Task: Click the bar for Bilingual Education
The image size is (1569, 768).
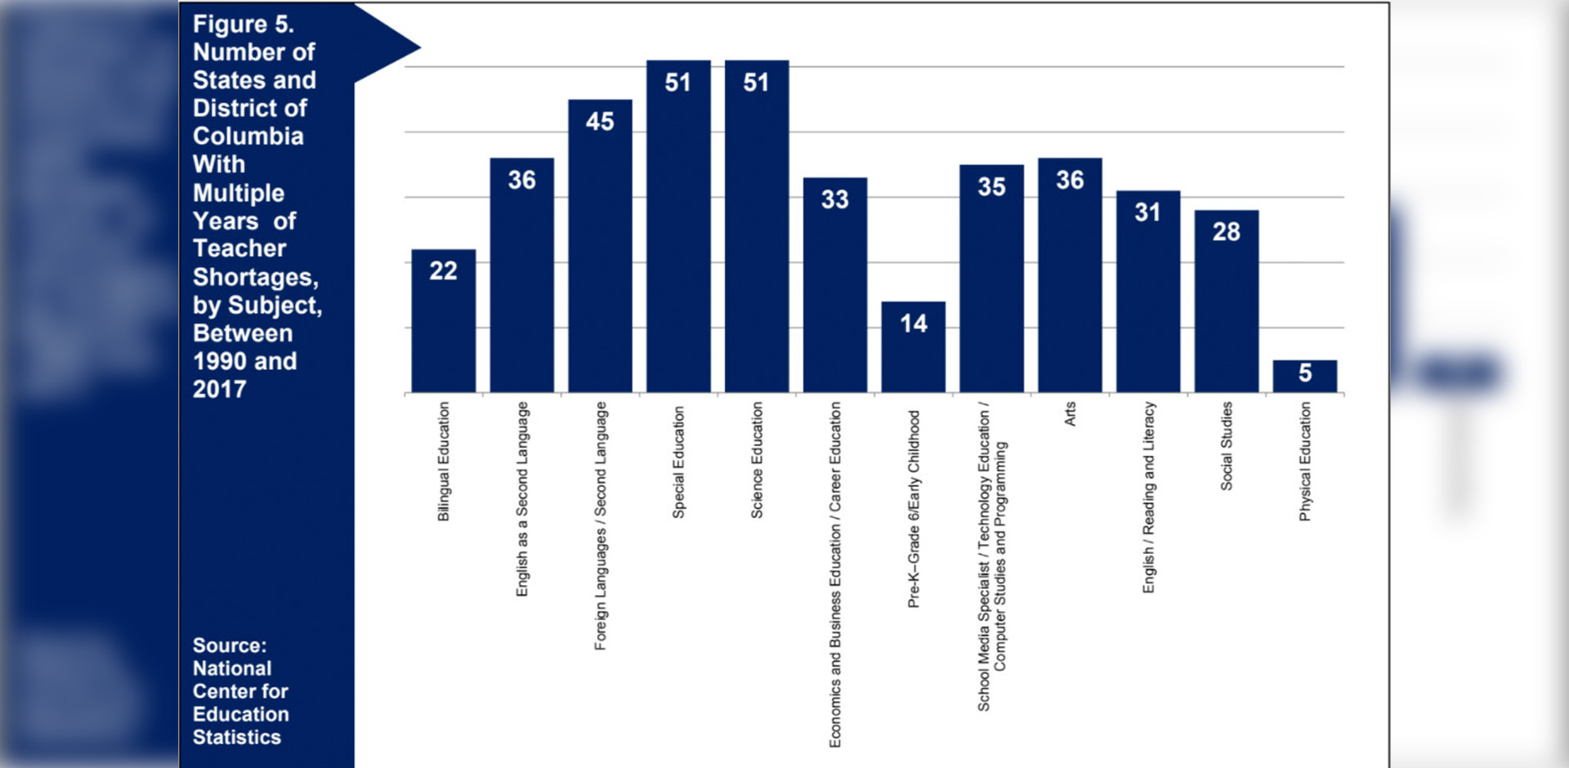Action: point(443,327)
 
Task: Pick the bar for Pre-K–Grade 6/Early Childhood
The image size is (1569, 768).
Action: point(913,355)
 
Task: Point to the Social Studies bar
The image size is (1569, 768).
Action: point(1226,310)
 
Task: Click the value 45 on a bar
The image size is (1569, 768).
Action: point(600,122)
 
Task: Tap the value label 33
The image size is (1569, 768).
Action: point(834,199)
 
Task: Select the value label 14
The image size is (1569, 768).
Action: point(913,324)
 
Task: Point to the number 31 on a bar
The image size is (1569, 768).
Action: point(1147,212)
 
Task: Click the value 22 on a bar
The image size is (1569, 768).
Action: point(443,270)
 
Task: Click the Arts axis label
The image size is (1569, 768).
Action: point(1070,413)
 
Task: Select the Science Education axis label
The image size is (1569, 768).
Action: point(757,460)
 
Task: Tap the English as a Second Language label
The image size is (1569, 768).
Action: point(521,498)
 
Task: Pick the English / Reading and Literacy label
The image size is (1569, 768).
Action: point(1148,497)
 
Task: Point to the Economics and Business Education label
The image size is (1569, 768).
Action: point(834,574)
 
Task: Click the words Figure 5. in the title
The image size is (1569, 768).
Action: point(243,25)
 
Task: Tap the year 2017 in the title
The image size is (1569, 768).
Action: point(219,389)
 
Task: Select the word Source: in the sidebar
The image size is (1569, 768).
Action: point(230,645)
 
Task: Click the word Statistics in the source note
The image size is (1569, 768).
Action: point(237,737)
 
